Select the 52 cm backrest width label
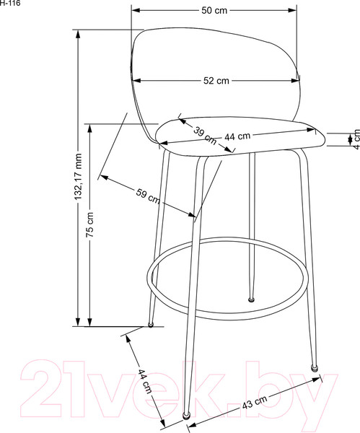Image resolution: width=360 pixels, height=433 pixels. coord(216,81)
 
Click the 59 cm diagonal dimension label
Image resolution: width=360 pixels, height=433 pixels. coord(147,196)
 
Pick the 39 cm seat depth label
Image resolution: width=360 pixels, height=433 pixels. coord(204,133)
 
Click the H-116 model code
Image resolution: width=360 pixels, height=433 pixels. coord(10,4)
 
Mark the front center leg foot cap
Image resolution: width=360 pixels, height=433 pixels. coord(187,415)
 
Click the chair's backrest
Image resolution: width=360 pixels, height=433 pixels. coord(216,58)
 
